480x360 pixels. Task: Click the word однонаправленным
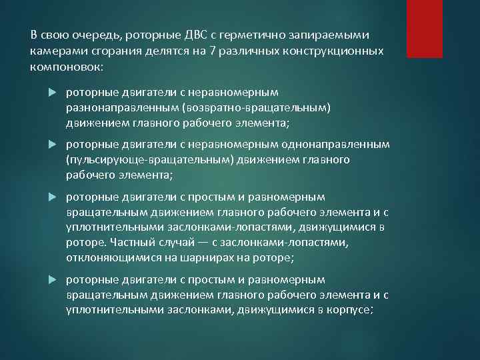coord(347,145)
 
